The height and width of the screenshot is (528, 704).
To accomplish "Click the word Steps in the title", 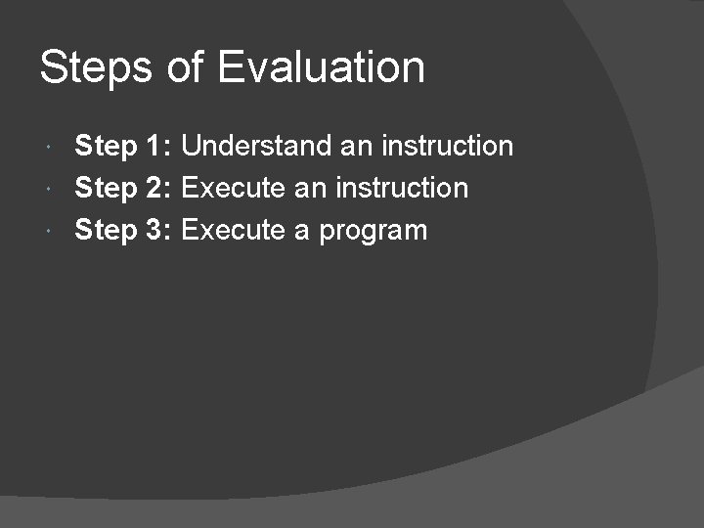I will pos(94,68).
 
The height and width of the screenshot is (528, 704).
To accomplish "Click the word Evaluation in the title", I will pos(322,68).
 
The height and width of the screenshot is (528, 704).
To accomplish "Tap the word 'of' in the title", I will pos(185,68).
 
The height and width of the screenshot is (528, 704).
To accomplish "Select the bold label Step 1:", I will pos(124,147).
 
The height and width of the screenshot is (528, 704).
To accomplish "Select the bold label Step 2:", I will pos(124,188).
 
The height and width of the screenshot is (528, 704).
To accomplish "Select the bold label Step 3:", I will pos(124,231).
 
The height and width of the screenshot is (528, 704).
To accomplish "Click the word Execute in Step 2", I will pos(234,188).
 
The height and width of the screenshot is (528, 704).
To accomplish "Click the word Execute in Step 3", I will pos(234,231).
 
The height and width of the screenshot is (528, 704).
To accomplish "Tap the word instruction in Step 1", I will pos(447,147).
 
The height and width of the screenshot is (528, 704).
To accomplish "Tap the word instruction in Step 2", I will pos(402,188).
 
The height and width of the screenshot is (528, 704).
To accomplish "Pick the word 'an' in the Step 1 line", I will pos(356,148).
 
